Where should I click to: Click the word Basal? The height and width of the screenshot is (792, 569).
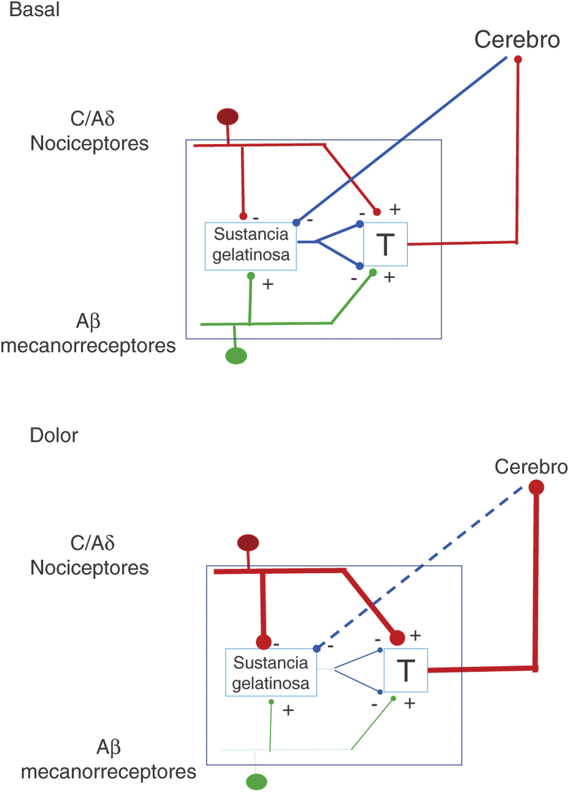(34, 9)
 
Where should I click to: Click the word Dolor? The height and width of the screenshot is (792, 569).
(54, 435)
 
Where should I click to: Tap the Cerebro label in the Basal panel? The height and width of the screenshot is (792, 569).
(517, 39)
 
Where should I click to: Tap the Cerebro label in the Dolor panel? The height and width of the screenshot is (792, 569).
(531, 467)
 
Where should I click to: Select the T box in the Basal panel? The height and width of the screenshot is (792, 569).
(385, 244)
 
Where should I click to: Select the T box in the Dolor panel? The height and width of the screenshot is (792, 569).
(406, 670)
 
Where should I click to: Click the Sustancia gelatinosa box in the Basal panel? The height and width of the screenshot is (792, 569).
(251, 246)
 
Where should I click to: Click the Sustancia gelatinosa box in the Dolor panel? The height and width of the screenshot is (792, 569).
(271, 672)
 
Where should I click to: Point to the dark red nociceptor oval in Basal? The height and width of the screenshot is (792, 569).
(227, 117)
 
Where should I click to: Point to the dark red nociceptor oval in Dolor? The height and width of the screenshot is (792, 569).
(248, 543)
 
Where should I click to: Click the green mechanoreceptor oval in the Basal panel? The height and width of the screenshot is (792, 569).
(236, 356)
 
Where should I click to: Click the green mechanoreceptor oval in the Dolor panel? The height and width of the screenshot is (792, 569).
(256, 781)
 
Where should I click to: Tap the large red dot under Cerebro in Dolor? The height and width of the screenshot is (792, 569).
(536, 487)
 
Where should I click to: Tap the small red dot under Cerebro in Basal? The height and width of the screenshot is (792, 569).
(518, 59)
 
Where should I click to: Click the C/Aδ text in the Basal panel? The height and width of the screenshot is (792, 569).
(92, 119)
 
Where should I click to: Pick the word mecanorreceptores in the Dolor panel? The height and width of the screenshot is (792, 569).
(109, 772)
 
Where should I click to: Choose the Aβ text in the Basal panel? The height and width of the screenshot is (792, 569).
(88, 321)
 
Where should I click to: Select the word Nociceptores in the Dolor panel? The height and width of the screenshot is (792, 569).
(89, 568)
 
